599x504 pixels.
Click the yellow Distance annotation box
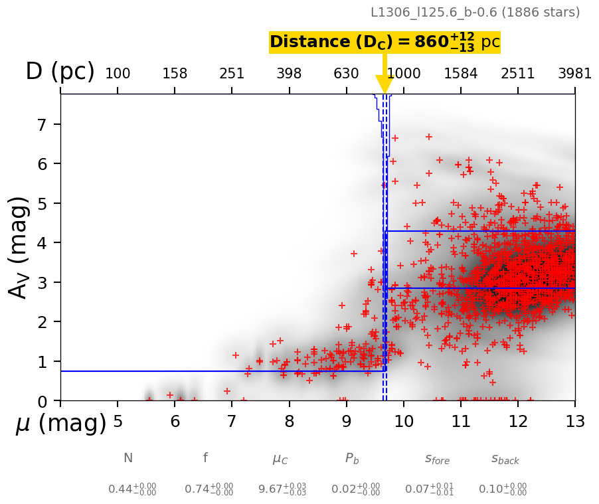385,42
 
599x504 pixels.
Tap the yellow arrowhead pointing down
385,84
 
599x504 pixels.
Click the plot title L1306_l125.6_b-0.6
475,12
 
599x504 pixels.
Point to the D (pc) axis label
60,72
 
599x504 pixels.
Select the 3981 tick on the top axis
574,74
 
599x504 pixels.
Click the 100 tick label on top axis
118,74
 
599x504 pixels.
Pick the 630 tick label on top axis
346,74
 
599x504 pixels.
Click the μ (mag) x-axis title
61,424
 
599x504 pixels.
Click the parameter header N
128,458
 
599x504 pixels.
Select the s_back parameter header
505,459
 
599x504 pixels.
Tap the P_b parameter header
352,458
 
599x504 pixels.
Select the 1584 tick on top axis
460,74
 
